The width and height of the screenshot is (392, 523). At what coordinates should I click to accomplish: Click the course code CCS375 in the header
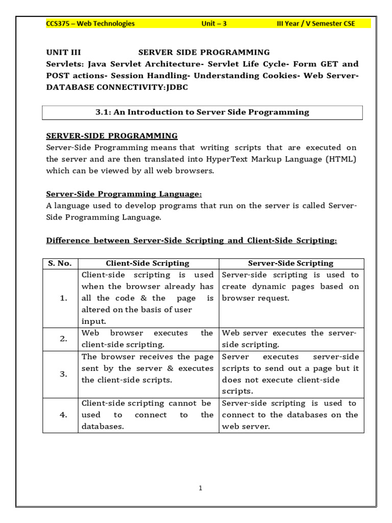(x=58, y=23)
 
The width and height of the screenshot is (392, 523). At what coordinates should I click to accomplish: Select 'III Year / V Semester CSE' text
(x=315, y=23)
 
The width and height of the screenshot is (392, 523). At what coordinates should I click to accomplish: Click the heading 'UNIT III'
(x=63, y=52)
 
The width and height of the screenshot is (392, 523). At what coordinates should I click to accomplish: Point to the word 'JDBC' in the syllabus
(x=175, y=87)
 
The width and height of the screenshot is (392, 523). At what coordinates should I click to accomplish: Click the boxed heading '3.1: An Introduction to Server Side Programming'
(x=202, y=112)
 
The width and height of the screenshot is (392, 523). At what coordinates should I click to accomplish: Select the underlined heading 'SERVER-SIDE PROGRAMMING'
(x=112, y=136)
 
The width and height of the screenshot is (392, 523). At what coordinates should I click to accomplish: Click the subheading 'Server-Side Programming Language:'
(x=124, y=194)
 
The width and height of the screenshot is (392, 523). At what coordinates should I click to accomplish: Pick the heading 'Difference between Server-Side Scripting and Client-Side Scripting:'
(x=191, y=241)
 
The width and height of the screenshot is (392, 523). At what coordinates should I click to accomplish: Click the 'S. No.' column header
(x=60, y=264)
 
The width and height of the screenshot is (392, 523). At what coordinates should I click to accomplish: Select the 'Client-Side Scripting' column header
(x=148, y=264)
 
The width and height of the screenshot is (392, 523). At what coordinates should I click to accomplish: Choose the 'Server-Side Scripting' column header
(x=290, y=264)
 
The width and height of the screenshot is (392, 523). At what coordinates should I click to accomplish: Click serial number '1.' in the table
(x=63, y=298)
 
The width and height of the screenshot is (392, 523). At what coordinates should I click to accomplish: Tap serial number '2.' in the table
(x=63, y=339)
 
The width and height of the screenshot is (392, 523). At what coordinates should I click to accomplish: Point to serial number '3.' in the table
(x=63, y=374)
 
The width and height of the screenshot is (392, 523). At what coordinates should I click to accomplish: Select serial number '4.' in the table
(x=63, y=415)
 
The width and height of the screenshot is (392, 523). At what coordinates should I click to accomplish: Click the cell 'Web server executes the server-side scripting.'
(x=290, y=339)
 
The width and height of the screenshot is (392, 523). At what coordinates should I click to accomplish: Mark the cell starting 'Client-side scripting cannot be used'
(x=148, y=415)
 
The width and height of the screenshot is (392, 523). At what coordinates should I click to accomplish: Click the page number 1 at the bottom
(x=201, y=488)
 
